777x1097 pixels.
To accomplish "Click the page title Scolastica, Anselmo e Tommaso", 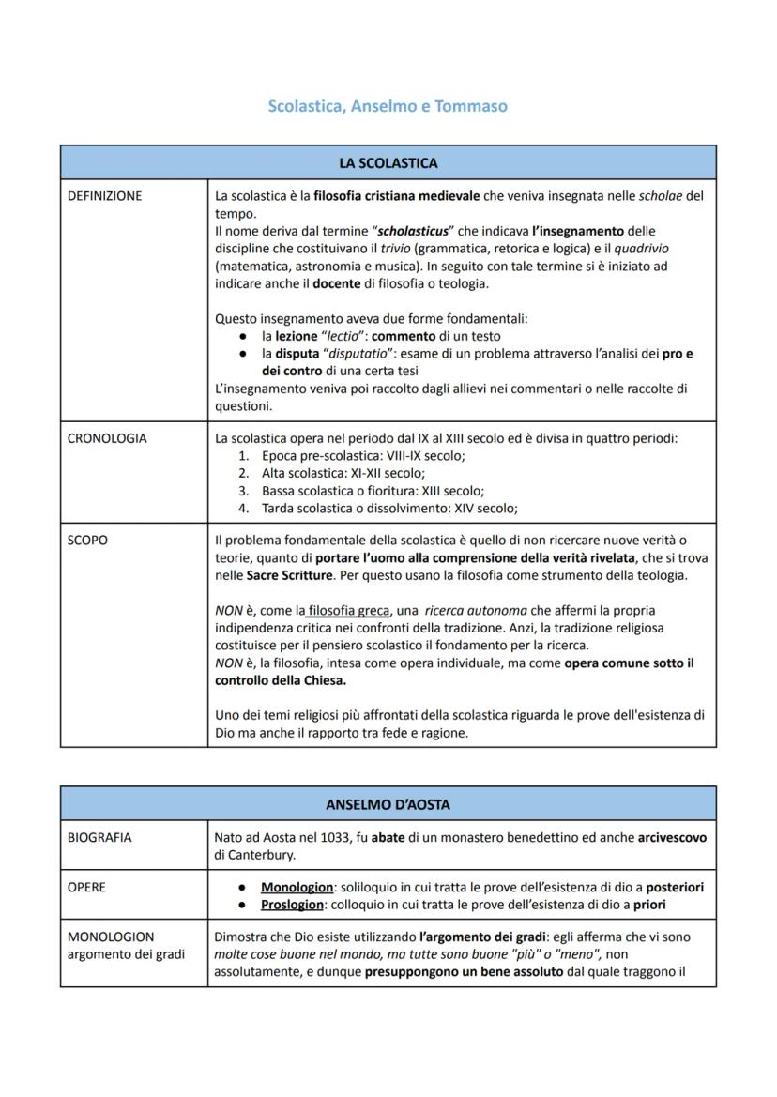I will tap(388, 106).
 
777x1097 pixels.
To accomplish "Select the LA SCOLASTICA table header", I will tap(388, 163).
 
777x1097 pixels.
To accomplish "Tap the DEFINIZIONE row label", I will tap(105, 196).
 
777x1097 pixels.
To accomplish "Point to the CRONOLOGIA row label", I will tap(107, 438).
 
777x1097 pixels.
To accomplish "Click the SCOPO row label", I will tap(88, 541).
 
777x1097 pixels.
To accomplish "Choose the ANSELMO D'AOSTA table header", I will tap(388, 804).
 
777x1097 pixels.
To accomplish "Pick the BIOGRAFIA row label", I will tap(99, 837).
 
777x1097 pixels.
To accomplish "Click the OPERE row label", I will tap(87, 887).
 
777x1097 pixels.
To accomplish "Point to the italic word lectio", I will tap(342, 336).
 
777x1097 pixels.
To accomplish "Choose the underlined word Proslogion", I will tap(297, 905).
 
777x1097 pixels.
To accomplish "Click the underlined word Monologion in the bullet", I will tap(297, 887).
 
